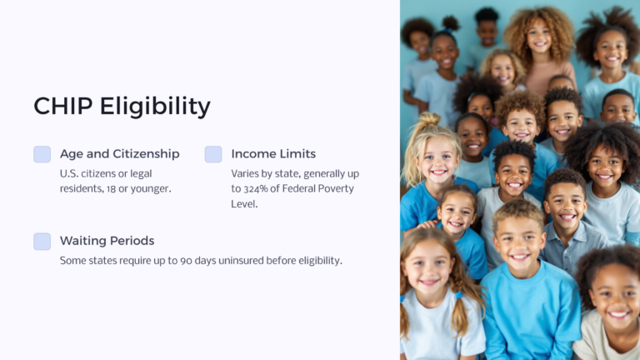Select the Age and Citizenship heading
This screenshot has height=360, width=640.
coord(119,154)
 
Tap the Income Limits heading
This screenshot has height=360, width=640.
coord(273,154)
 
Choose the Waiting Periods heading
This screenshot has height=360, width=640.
coord(107,241)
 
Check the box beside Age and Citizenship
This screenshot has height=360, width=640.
coord(42,154)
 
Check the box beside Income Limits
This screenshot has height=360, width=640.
coord(213,154)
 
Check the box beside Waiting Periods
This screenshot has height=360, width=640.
coord(42,241)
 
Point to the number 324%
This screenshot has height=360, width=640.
coord(259,188)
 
